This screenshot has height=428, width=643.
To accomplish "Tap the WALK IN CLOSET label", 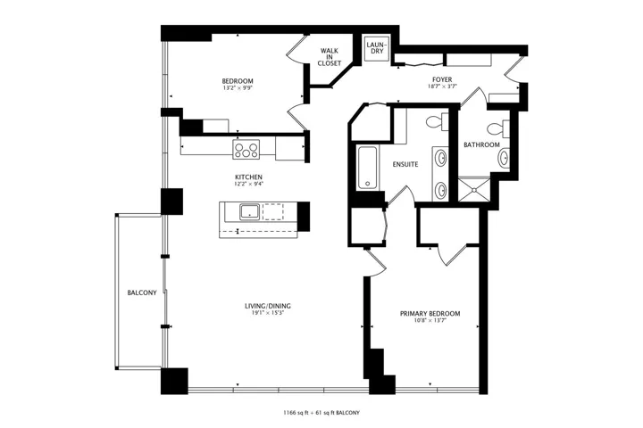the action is pos(330,57).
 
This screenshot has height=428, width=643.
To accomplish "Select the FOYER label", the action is pos(442,79).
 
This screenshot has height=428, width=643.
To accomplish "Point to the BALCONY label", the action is pos(142,292).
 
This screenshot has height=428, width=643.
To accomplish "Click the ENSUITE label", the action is pos(405,164).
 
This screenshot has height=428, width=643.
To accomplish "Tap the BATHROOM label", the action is pos(481,144).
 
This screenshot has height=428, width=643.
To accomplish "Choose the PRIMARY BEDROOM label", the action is pos(430,314).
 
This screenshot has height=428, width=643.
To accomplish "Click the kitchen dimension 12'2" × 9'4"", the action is pos(248,184).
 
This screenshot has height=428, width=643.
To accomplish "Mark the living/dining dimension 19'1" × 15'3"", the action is pos(267,313).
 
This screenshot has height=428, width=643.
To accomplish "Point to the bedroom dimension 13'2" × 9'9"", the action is pos(238,87).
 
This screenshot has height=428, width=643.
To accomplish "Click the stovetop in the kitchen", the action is pos(246,149).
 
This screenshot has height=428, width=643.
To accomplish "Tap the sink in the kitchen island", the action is pos(249,211).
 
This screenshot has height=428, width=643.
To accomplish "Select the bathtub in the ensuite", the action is pos(367,168).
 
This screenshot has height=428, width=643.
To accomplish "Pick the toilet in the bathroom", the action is pos(500,128).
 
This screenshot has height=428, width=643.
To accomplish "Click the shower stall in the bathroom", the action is pos(474,190).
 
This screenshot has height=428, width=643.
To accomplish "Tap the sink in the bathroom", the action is pos(505,158).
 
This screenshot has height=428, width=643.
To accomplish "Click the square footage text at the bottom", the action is pos(321,413).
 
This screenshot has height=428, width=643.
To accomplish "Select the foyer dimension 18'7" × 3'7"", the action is pos(442,86).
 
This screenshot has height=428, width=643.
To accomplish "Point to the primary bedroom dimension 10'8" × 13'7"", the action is pos(430,321).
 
